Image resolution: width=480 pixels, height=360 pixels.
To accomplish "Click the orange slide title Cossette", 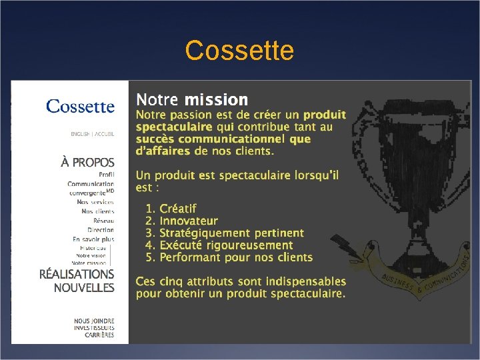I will pyautogui.click(x=239, y=51).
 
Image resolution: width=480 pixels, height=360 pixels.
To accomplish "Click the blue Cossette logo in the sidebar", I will pyautogui.click(x=80, y=106).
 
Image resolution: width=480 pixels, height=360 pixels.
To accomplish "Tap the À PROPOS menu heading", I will pyautogui.click(x=87, y=162).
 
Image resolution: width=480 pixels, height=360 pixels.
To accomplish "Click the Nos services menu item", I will pyautogui.click(x=95, y=202).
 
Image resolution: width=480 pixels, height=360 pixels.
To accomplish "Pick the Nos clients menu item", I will pyautogui.click(x=97, y=211).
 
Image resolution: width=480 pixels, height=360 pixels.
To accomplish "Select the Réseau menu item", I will pyautogui.click(x=103, y=221).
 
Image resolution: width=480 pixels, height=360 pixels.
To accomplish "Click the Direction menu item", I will pyautogui.click(x=100, y=230).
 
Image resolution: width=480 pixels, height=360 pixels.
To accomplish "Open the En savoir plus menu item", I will pyautogui.click(x=93, y=239).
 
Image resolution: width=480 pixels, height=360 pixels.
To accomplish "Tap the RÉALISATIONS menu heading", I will pyautogui.click(x=77, y=274).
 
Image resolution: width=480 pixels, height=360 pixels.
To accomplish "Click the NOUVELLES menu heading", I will pyautogui.click(x=84, y=288).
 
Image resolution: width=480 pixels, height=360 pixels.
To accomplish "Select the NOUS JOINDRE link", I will pyautogui.click(x=94, y=321).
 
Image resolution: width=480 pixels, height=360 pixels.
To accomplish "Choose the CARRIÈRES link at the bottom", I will pyautogui.click(x=99, y=335).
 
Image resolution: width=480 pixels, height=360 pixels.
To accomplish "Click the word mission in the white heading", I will pyautogui.click(x=216, y=101).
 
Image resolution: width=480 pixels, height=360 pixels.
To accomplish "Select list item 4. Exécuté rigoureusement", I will pyautogui.click(x=219, y=245).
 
